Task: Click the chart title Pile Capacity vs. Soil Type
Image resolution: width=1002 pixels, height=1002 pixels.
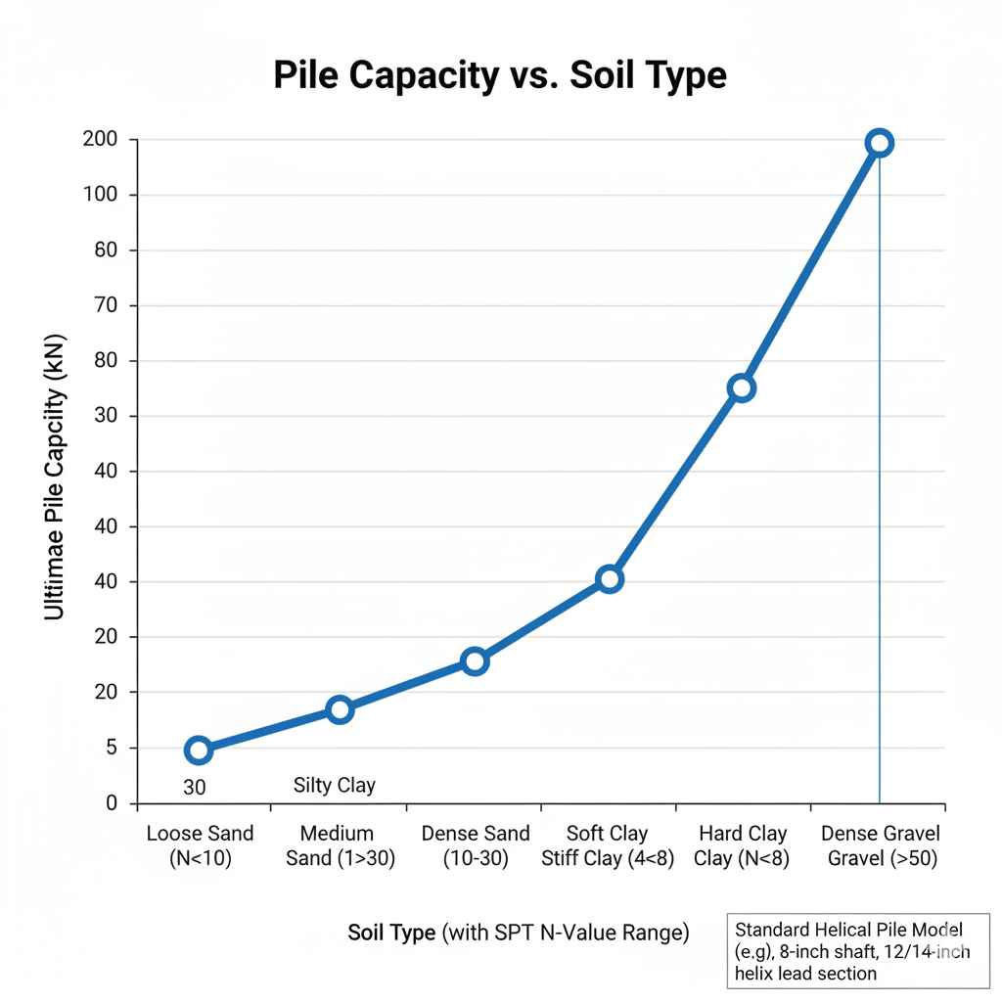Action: (x=500, y=75)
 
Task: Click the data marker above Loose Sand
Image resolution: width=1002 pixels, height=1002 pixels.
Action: (x=199, y=751)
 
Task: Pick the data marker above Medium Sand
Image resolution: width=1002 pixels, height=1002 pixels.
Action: (x=340, y=709)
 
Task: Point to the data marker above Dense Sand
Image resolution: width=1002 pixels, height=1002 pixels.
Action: (x=475, y=661)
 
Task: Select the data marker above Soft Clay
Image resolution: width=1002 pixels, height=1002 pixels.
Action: (x=610, y=578)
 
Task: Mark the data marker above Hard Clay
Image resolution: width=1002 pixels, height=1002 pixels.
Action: (x=742, y=388)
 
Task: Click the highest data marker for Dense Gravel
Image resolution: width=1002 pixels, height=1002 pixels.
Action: (x=880, y=143)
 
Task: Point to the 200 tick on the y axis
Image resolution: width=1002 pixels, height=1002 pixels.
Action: (x=101, y=140)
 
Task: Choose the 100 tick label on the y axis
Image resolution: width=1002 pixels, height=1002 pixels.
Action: (x=101, y=195)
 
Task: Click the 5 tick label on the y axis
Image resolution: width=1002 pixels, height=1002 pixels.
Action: (x=111, y=749)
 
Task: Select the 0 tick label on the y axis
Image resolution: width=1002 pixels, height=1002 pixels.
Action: (x=111, y=803)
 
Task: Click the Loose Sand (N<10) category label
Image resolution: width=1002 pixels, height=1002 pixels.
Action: (x=200, y=846)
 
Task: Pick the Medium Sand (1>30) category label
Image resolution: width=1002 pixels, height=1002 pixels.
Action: (x=337, y=846)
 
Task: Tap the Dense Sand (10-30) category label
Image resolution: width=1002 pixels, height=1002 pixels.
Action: (x=476, y=846)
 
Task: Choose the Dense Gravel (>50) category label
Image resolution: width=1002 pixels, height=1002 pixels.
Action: (x=880, y=846)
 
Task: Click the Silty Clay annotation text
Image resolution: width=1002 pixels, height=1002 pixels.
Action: (x=335, y=785)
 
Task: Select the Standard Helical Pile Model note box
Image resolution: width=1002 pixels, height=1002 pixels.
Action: (x=859, y=950)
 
